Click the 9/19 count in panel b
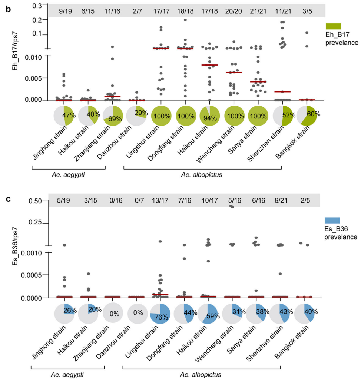pos(66,11)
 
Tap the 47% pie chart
pos(65,116)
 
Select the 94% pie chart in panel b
pos(210,116)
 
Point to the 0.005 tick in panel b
pos(39,78)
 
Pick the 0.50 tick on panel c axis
pos(39,201)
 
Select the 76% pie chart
pos(160,313)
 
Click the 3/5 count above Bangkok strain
pos(307,11)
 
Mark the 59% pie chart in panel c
pos(210,313)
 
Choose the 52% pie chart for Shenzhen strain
pos(283,116)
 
